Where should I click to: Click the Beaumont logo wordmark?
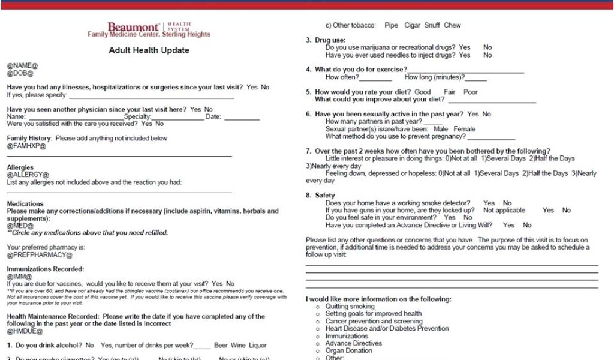point(133,27)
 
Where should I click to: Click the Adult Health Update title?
point(149,50)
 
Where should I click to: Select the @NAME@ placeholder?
point(22,65)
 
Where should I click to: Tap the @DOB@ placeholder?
point(20,73)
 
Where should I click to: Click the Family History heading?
point(29,138)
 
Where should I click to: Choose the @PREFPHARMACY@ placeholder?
point(39,254)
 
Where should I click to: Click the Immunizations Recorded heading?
point(45,269)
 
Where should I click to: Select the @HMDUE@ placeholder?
point(25,331)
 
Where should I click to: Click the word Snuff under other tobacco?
point(431,25)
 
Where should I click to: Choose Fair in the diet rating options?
point(450,92)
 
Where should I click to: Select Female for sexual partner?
point(464,129)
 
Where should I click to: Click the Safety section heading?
point(325,196)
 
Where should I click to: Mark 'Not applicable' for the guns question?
point(504,211)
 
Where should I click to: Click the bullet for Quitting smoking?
point(318,307)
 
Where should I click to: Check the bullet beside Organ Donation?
point(318,351)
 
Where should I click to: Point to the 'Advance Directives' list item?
point(353,343)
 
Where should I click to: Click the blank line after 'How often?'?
point(375,77)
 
